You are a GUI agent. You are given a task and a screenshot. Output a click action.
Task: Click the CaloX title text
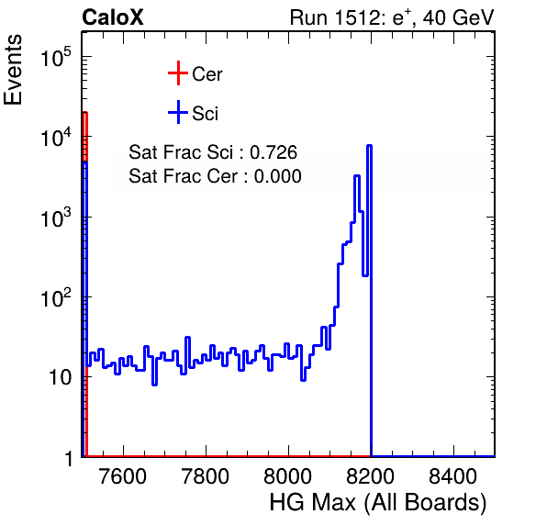113,17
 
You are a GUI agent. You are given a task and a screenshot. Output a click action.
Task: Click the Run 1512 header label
392,17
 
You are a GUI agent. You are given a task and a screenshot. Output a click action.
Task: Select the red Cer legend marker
178,73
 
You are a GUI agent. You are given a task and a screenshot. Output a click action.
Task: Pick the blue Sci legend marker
178,112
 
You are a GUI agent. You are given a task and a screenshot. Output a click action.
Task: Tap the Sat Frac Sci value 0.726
273,152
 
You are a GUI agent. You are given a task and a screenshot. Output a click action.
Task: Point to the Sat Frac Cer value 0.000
278,176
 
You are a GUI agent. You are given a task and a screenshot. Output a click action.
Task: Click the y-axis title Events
13,70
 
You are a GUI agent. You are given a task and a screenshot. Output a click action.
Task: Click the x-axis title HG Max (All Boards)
378,503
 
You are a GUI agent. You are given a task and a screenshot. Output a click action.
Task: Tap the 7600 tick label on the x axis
123,476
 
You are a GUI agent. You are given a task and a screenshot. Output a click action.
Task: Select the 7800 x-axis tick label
206,476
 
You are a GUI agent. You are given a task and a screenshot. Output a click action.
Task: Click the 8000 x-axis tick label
288,476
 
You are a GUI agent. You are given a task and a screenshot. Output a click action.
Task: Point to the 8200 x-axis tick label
370,476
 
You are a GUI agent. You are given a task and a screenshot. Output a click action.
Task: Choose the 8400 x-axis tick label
452,476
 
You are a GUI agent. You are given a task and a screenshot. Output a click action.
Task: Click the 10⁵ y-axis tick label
55,57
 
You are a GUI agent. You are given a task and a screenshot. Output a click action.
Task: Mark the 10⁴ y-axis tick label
55,137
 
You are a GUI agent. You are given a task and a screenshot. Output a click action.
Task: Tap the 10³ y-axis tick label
55,218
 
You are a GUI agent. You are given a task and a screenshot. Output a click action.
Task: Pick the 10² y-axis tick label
55,297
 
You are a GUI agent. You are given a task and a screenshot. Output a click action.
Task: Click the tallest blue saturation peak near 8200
369,145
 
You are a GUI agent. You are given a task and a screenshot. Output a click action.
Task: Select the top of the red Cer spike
84,112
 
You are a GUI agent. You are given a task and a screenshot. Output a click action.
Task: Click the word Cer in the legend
207,74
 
